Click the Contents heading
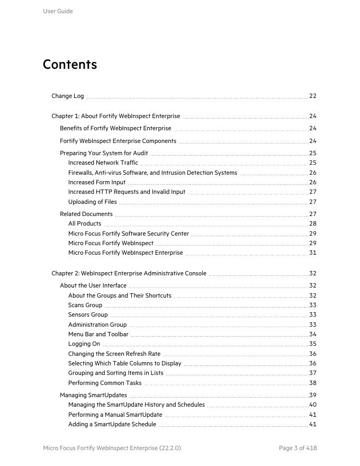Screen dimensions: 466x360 (70, 65)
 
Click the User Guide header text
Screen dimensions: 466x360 (58, 11)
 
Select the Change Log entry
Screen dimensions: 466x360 (68, 96)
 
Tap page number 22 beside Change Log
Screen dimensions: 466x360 (313, 96)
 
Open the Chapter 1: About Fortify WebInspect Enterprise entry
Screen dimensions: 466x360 (115, 116)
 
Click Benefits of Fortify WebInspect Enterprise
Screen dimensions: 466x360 (115, 128)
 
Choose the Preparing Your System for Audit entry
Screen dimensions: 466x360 (104, 153)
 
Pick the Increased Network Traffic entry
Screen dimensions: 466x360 (103, 163)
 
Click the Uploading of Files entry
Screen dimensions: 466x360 (93, 202)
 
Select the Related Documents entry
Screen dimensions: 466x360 (86, 214)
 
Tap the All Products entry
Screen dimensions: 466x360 (85, 223)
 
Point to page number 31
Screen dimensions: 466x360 (313, 253)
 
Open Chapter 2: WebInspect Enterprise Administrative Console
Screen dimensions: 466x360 (129, 273)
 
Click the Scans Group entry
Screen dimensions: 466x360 (85, 305)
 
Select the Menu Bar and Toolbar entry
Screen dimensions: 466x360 (98, 334)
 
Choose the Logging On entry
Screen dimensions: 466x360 (84, 344)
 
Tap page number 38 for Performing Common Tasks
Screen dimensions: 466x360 (313, 383)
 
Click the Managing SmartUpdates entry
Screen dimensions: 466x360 (93, 395)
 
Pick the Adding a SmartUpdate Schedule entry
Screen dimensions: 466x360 (112, 424)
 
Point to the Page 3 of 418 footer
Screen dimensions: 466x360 (298, 448)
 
